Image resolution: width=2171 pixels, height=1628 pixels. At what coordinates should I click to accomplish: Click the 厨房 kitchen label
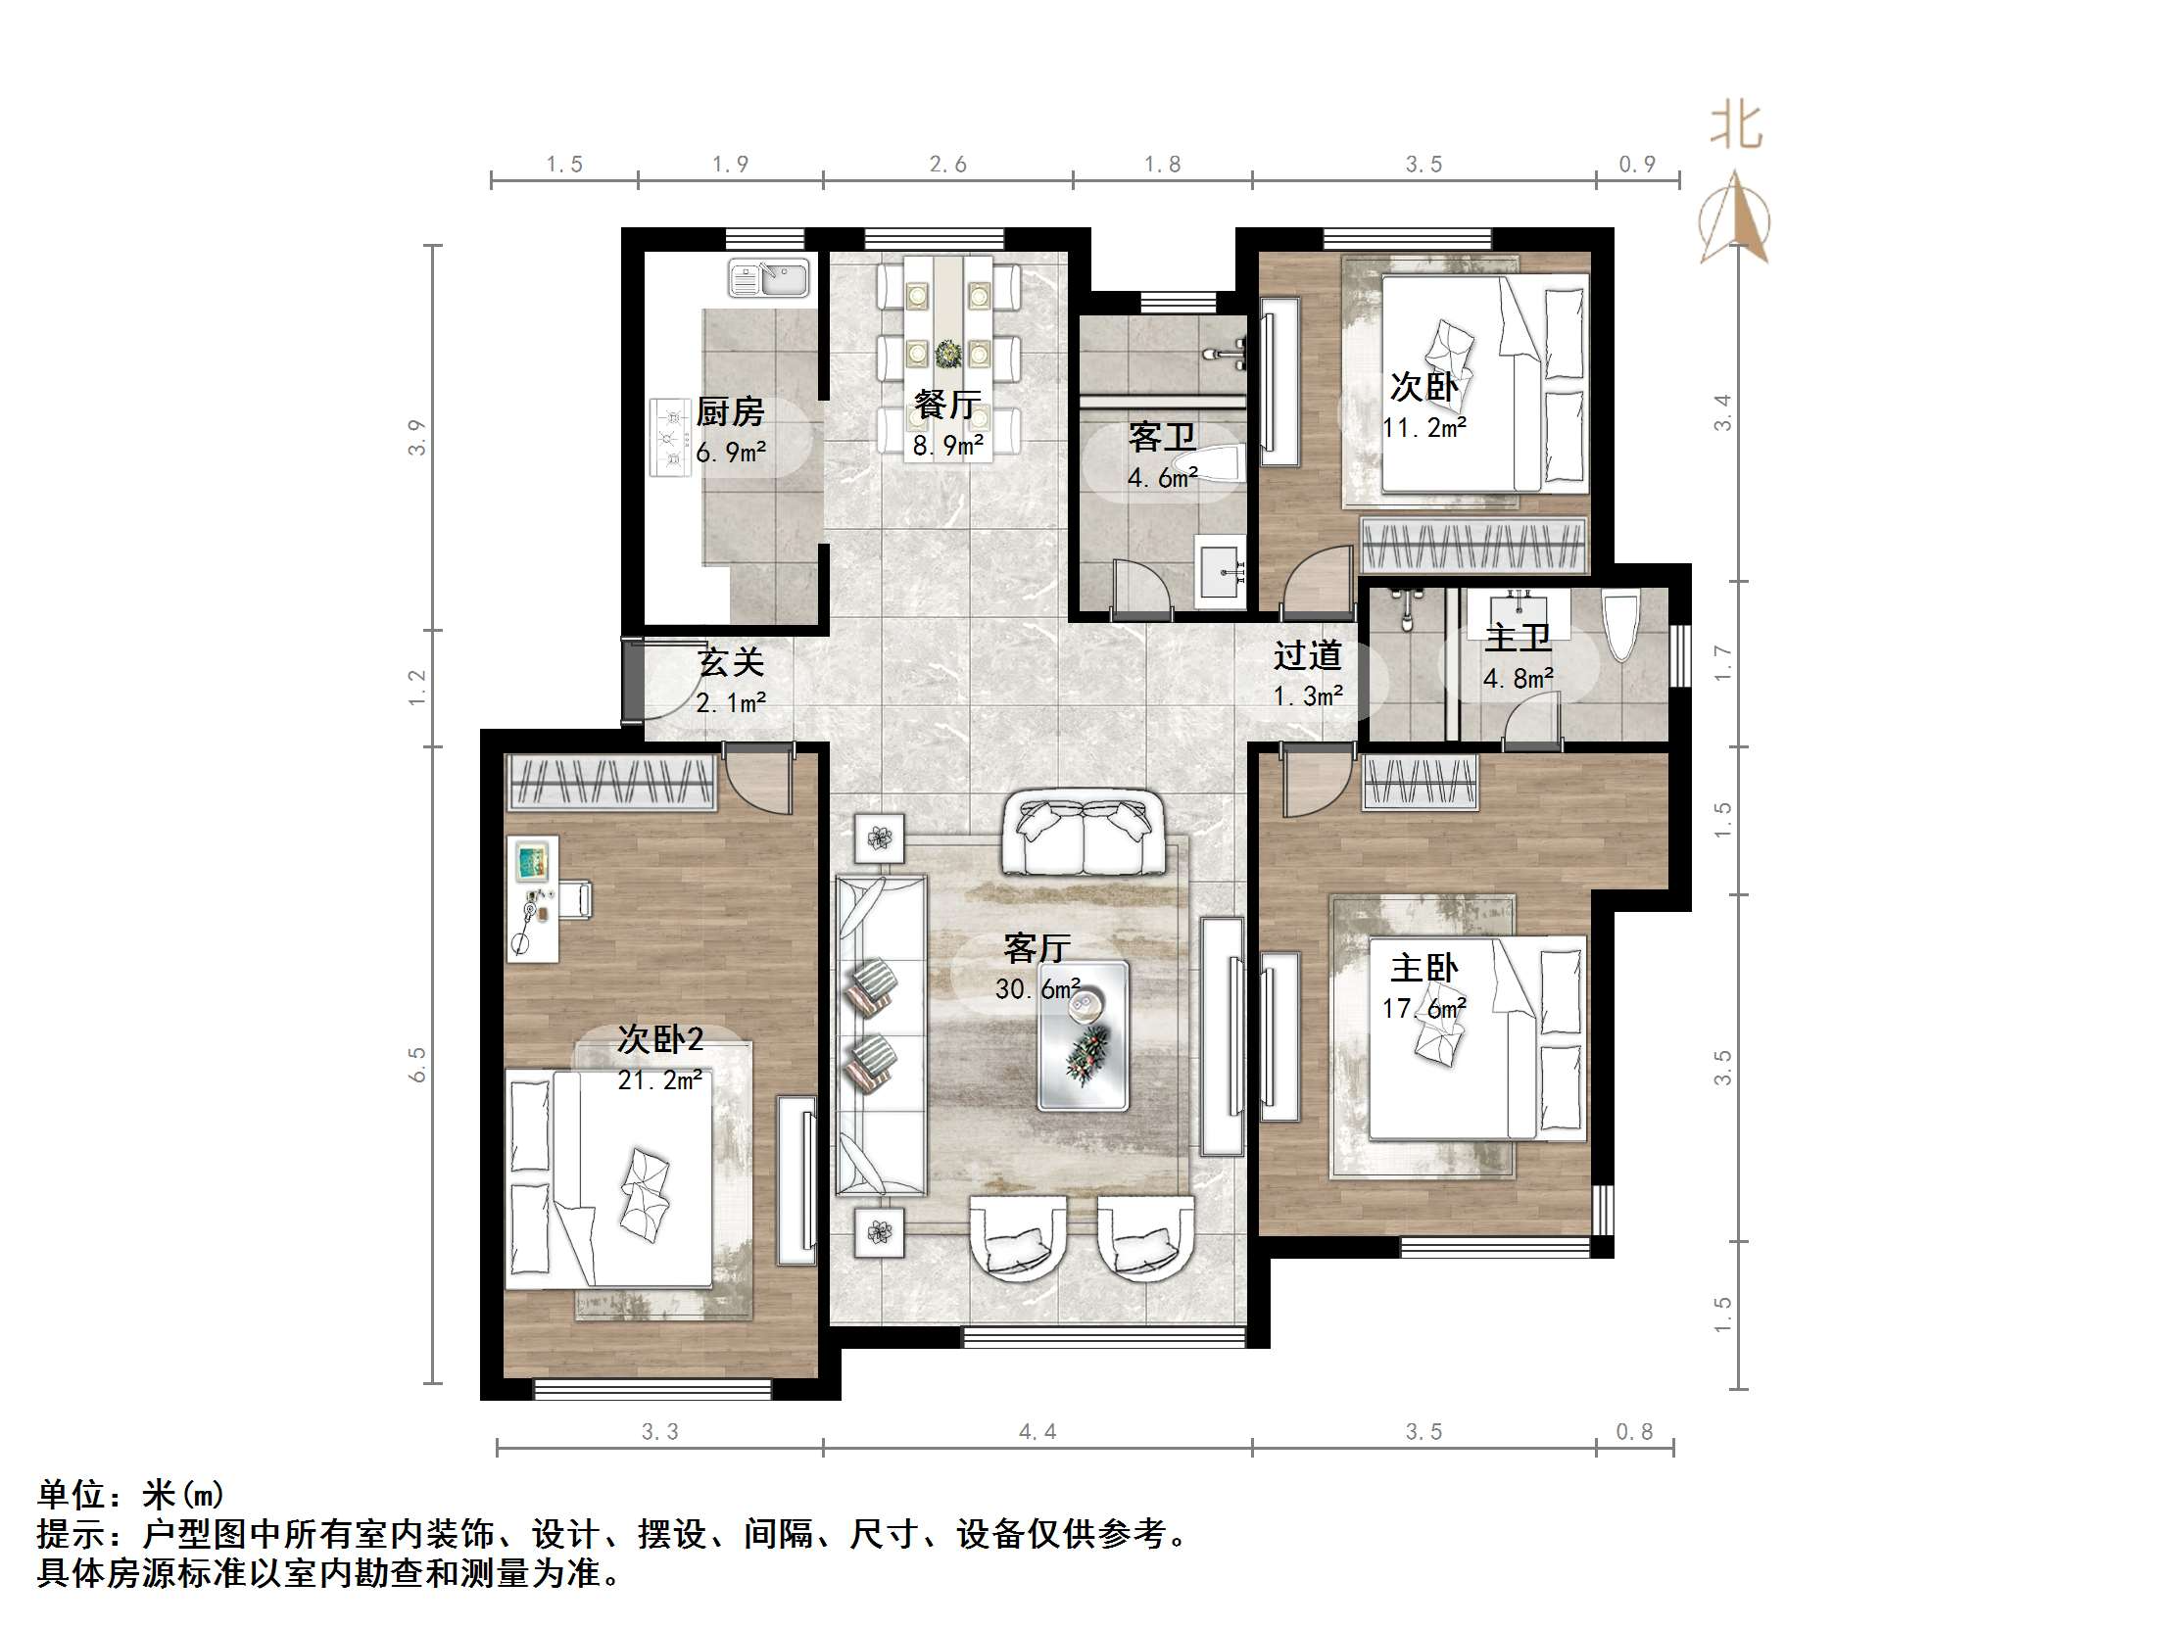pos(730,412)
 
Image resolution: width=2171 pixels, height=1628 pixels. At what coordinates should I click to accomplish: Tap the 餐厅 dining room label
pos(947,405)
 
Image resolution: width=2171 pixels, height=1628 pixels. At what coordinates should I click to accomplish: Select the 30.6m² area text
pos(1037,989)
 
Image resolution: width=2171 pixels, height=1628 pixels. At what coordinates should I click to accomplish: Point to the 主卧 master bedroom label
pos(1424,969)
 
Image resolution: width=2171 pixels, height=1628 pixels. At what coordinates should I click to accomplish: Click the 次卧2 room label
pos(660,1039)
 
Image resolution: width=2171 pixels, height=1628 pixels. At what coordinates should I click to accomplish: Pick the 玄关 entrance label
pos(730,662)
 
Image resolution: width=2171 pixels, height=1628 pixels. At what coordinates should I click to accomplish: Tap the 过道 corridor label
pos(1307,655)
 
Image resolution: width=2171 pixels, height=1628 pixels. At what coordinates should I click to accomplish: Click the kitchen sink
pos(768,278)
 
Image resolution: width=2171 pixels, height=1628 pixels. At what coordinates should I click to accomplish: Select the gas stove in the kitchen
pos(671,437)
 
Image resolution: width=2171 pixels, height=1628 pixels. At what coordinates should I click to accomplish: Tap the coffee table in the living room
pos(1084,1036)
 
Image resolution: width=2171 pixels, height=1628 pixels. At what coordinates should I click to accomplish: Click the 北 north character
pos(1736,126)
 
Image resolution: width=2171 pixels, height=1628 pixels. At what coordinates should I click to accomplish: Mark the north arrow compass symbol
pos(1735,217)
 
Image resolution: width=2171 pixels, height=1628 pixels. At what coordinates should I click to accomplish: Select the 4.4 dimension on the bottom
pos(1037,1432)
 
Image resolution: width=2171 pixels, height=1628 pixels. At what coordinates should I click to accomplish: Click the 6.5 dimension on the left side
pos(418,1065)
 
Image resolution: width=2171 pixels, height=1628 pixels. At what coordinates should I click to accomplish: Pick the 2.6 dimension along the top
pos(948,164)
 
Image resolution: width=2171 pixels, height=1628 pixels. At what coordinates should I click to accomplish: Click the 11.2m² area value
pos(1424,428)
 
